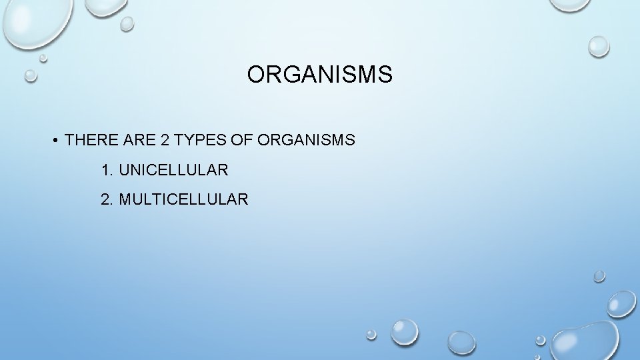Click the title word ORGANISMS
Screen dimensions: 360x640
(x=319, y=75)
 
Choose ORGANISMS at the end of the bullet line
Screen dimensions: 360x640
(x=305, y=140)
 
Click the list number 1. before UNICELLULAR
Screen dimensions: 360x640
(x=107, y=170)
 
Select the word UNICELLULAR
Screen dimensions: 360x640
(x=173, y=170)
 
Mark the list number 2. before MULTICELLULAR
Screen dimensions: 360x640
(x=107, y=199)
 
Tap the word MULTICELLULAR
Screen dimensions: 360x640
(x=183, y=199)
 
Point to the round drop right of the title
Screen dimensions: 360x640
(x=598, y=46)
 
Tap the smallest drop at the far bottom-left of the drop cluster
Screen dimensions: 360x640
(x=371, y=335)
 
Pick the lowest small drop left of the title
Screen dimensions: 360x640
(x=31, y=75)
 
